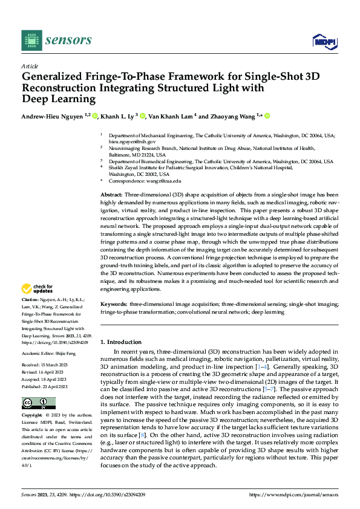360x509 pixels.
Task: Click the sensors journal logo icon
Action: pyautogui.click(x=31, y=40)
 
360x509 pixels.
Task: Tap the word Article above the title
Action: pyautogui.click(x=30, y=66)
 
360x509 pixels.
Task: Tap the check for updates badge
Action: pyautogui.click(x=38, y=289)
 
